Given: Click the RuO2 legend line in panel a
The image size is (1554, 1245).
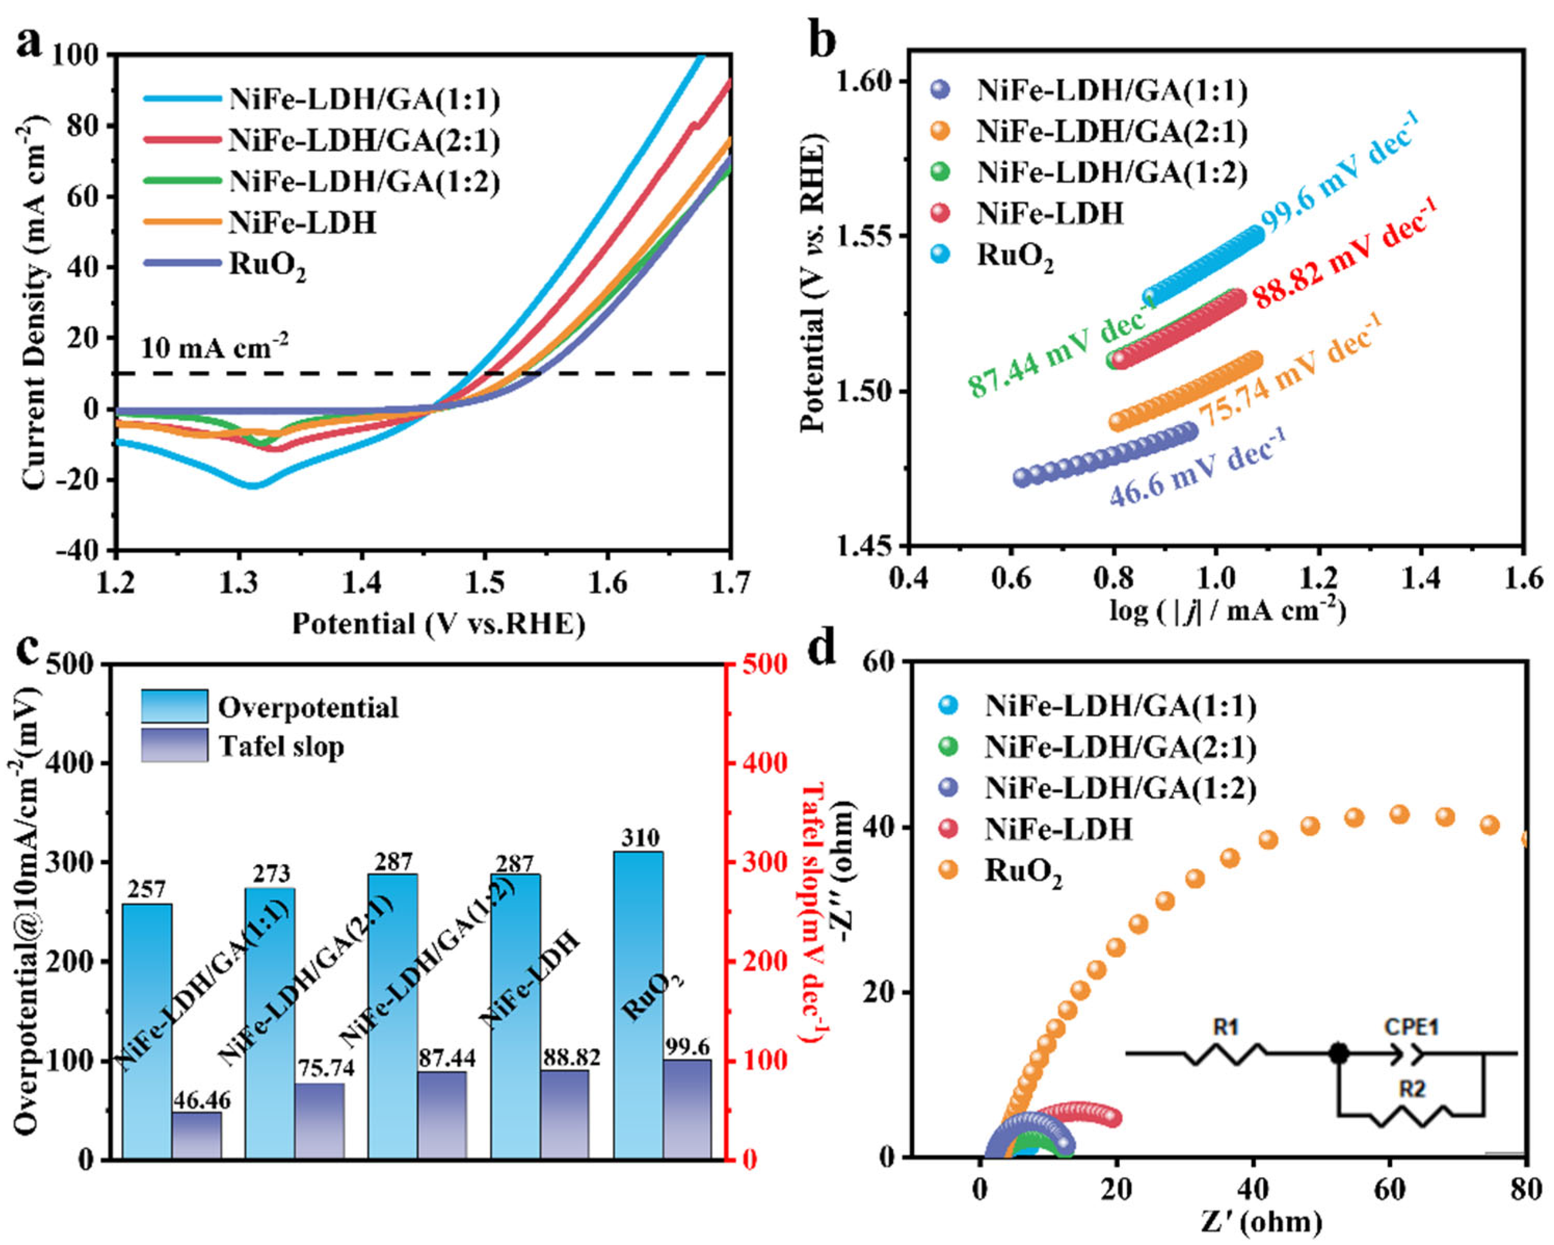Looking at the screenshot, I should [182, 263].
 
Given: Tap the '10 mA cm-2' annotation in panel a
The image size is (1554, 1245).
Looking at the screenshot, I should [214, 348].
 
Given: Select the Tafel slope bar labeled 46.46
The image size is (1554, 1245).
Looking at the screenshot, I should [196, 1135].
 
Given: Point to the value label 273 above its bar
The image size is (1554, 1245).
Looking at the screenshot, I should [271, 875].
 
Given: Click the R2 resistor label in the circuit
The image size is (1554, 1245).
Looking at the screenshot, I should [1411, 1089].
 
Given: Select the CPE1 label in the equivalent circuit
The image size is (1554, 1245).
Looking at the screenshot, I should [1411, 1027].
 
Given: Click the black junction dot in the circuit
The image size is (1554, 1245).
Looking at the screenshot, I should [1338, 1054].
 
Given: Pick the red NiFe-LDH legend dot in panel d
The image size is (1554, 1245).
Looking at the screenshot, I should [948, 829].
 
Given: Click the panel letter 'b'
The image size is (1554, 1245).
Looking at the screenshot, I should [822, 41].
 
